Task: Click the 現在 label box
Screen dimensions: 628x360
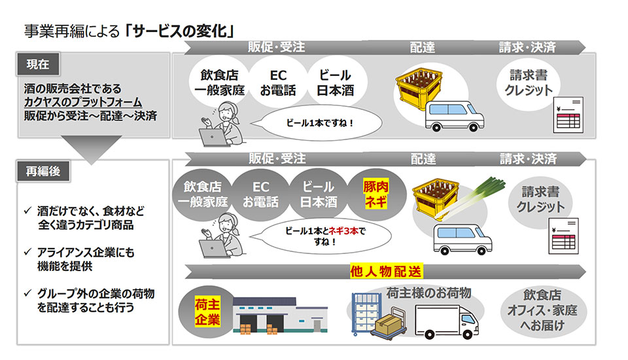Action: tap(38, 63)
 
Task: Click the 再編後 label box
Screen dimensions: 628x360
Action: tap(43, 171)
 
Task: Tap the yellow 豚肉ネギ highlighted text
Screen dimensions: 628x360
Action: tap(375, 194)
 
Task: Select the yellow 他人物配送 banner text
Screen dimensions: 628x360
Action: tap(386, 272)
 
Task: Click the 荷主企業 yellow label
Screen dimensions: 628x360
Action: tap(207, 312)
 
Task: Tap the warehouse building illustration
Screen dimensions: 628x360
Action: tap(279, 315)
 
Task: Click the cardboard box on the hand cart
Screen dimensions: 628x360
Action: tap(388, 323)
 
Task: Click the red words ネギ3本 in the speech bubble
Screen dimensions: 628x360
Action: tap(343, 231)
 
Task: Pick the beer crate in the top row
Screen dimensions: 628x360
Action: tap(419, 88)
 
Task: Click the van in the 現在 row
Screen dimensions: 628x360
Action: tap(454, 115)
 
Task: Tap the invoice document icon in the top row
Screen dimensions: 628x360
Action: tap(568, 115)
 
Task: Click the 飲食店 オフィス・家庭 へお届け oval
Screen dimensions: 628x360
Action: tap(543, 310)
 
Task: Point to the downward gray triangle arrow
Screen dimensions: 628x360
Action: tap(92, 149)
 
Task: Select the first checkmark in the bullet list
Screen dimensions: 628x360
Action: tap(27, 210)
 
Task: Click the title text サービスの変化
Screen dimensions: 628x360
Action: tap(180, 31)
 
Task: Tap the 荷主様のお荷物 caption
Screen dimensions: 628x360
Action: tap(428, 293)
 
